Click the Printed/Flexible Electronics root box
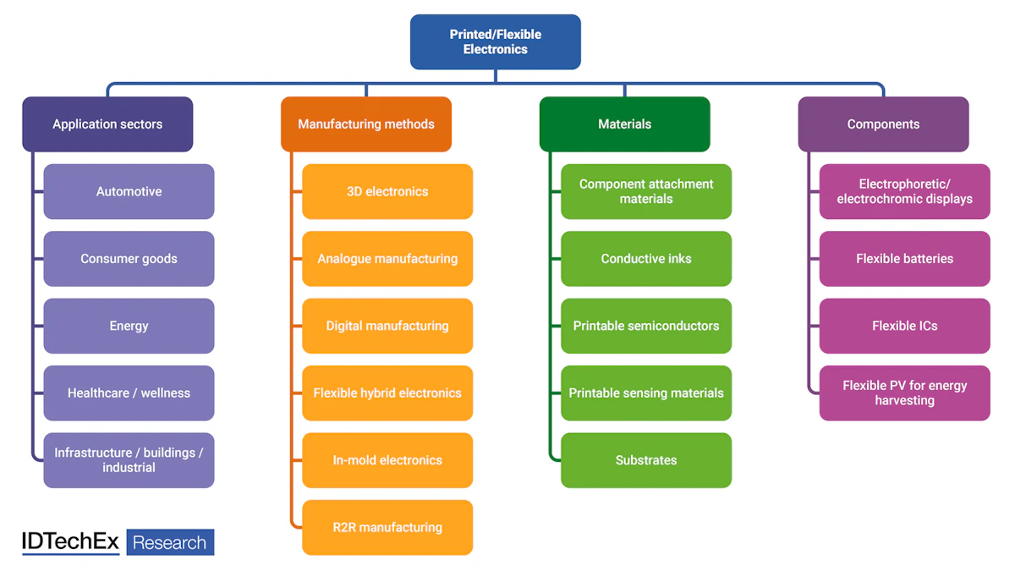pos(496,41)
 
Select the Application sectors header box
pos(107,124)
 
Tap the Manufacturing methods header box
pos(366,124)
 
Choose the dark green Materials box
pos(625,124)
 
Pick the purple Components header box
pos(883,124)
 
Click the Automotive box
pos(129,191)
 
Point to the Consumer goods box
pos(129,259)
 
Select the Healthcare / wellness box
pos(129,393)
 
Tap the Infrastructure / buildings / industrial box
pos(129,460)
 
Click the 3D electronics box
pos(387,191)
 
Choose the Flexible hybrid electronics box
pos(387,393)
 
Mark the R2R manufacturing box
pos(387,527)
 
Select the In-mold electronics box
pos(387,460)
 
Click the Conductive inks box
pos(646,259)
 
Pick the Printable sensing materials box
pos(646,393)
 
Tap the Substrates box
pos(646,460)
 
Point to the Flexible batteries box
pos(904,259)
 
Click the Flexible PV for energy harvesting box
pos(904,393)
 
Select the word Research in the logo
pos(170,542)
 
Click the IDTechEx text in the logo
pos(71,542)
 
